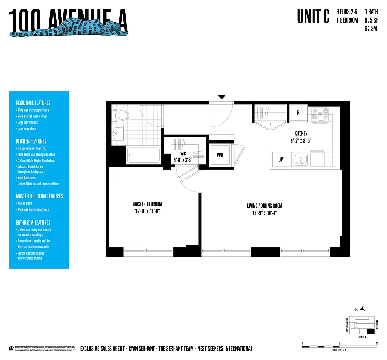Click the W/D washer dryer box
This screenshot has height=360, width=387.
pos(220,155)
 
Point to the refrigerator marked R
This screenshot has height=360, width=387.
pos(298,113)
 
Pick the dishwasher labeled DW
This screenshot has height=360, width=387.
pos(281,159)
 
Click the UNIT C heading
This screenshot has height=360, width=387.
pos(313,16)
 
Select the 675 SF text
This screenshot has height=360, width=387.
pos(371,20)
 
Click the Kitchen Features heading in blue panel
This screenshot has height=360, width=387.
pos(31,141)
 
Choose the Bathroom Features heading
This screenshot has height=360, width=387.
pos(33,223)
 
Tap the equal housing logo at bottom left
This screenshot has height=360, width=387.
pos(11,348)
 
